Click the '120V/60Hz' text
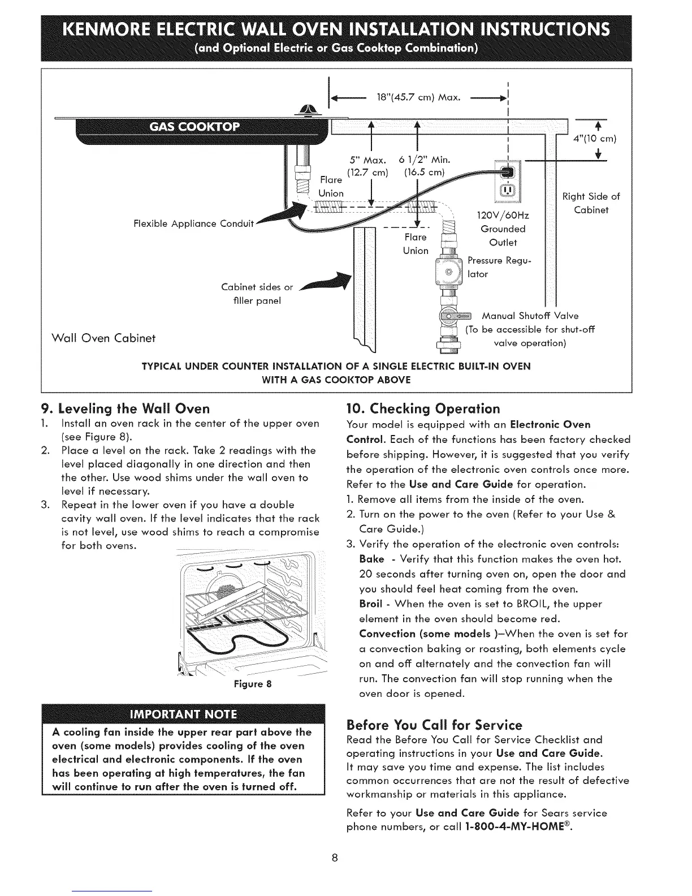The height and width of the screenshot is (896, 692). click(503, 216)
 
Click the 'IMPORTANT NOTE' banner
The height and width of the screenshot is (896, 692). click(183, 712)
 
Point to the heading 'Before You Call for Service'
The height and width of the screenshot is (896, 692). click(434, 725)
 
